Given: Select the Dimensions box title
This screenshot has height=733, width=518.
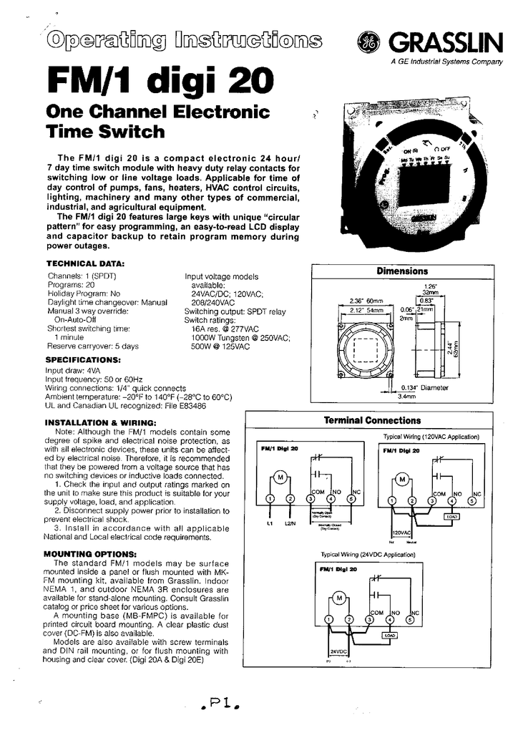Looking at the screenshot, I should pos(402,271).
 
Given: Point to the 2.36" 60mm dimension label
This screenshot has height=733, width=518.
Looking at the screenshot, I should pos(366,301).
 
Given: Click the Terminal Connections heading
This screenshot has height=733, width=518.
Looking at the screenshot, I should pos(372,420).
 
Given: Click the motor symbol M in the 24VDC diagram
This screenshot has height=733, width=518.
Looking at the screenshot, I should pos(339,598).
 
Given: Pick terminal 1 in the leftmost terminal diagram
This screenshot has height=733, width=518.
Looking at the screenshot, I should pos(270,499).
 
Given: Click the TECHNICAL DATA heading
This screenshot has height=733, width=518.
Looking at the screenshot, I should pos(85,263).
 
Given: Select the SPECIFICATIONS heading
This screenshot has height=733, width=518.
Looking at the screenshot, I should pos(83,359).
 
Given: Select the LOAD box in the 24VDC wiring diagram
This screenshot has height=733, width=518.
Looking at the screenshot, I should pos(390,635).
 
